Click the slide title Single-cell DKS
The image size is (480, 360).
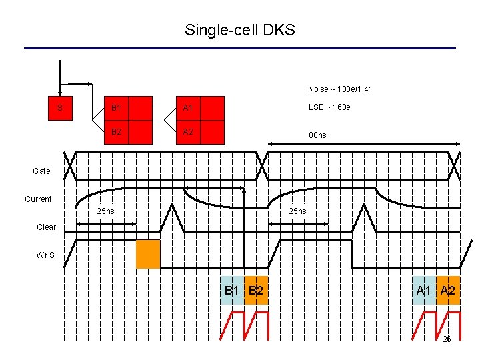point(240,30)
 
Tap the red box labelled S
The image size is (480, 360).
point(61,108)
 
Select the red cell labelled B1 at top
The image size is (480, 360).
point(116,108)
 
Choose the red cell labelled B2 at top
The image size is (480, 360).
point(116,131)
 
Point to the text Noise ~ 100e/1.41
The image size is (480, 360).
point(340,89)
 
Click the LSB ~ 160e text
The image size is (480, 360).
point(329,108)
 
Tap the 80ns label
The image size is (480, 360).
point(317,135)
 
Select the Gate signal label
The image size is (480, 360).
point(41,171)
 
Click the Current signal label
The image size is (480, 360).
point(38,199)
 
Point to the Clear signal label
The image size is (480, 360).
point(46,227)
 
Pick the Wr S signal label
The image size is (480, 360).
point(46,254)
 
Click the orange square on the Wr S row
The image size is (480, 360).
point(148,254)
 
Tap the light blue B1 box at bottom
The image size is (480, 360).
point(232,291)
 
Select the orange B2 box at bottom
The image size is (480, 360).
point(256,291)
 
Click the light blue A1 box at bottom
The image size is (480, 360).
point(424,291)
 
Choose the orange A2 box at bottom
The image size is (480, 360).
point(448,291)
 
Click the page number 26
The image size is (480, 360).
point(447,339)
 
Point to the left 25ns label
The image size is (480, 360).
point(105,211)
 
